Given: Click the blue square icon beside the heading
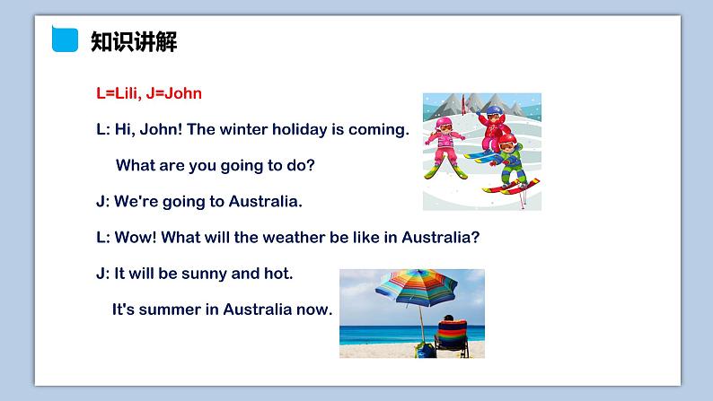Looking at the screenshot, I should [65, 41].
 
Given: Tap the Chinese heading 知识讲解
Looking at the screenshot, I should [134, 42].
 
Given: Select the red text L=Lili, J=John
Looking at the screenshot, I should [149, 92].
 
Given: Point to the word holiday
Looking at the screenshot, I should [299, 129].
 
